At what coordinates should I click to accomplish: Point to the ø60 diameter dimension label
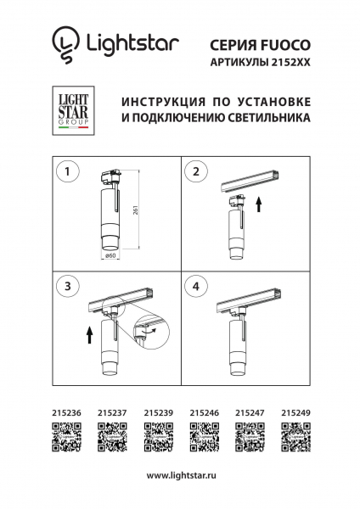click(x=110, y=255)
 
